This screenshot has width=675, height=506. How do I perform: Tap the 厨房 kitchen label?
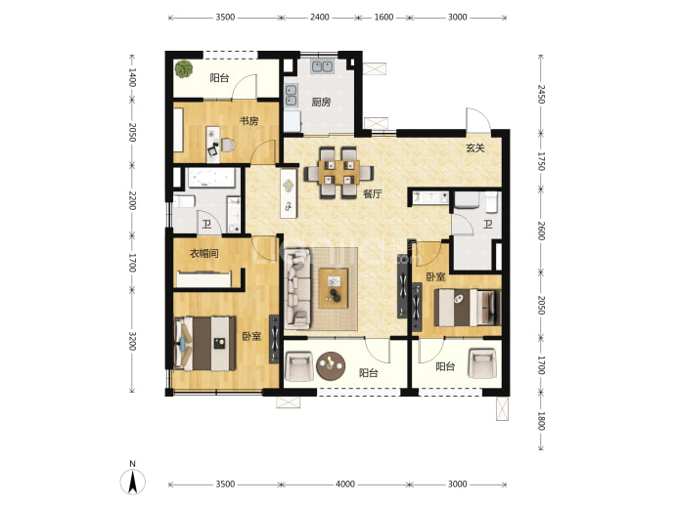pyautogui.click(x=321, y=102)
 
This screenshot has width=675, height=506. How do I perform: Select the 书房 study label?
pyautogui.click(x=248, y=121)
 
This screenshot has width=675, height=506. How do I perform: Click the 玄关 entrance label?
pyautogui.click(x=475, y=148)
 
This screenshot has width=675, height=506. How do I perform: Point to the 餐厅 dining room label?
pyautogui.click(x=372, y=193)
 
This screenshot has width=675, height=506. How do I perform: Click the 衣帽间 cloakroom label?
pyautogui.click(x=204, y=253)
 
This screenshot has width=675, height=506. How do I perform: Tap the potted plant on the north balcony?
pyautogui.click(x=184, y=68)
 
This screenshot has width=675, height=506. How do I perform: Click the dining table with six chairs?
pyautogui.click(x=338, y=173)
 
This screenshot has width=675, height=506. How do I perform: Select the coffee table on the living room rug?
pyautogui.click(x=334, y=288)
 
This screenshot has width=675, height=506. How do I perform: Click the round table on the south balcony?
pyautogui.click(x=331, y=366)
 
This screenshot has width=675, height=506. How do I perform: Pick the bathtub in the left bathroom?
pyautogui.click(x=211, y=178)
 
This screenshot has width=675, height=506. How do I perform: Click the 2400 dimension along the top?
pyautogui.click(x=320, y=18)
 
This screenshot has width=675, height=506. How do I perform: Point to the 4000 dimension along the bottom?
pyautogui.click(x=345, y=485)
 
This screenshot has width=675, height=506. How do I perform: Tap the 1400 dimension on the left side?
pyautogui.click(x=132, y=77)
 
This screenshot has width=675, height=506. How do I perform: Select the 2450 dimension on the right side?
pyautogui.click(x=541, y=94)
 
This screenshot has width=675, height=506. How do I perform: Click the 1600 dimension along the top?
pyautogui.click(x=383, y=18)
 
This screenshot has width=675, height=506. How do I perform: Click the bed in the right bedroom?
pyautogui.click(x=468, y=308)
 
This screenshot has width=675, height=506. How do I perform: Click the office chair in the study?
pyautogui.click(x=227, y=145)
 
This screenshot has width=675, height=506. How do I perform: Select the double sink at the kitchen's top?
pyautogui.click(x=322, y=65)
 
